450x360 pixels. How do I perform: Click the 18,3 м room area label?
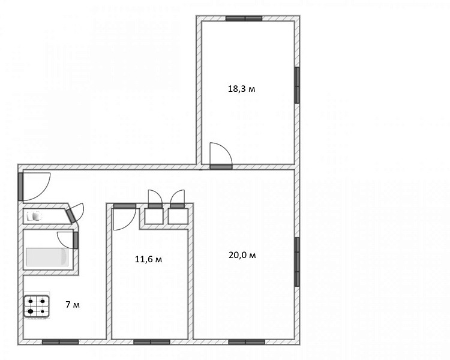[x=241, y=89]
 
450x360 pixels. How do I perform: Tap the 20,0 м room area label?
[x=242, y=255]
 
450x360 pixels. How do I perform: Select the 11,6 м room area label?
[x=148, y=260]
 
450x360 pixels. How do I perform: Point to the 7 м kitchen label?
[x=73, y=304]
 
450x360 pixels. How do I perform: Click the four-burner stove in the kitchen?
[x=37, y=307]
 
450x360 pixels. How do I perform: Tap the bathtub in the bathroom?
[x=47, y=257]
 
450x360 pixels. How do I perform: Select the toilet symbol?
[x=34, y=216]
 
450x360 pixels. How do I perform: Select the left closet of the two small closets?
[x=154, y=216]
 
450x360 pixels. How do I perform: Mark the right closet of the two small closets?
[x=178, y=216]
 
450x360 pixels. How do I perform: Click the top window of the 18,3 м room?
[x=244, y=19]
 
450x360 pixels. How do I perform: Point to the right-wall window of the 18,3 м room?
[x=297, y=85]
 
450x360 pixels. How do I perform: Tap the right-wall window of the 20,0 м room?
[x=297, y=262]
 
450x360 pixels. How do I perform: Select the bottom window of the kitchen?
[x=60, y=342]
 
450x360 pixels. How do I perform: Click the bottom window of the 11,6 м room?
[x=152, y=342]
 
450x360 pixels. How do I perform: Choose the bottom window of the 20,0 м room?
[x=247, y=342]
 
